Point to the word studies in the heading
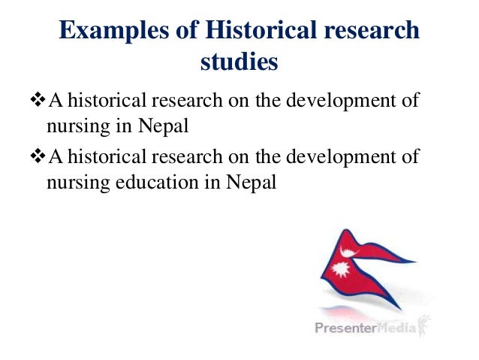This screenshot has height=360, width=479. click(x=239, y=62)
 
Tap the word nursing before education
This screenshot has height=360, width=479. click(x=69, y=181)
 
